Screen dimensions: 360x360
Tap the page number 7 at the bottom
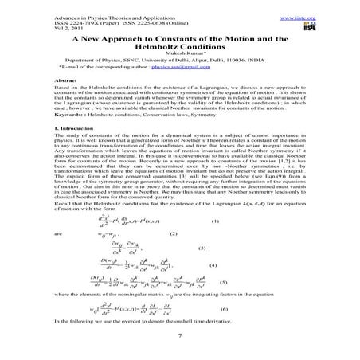pos(181,346)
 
